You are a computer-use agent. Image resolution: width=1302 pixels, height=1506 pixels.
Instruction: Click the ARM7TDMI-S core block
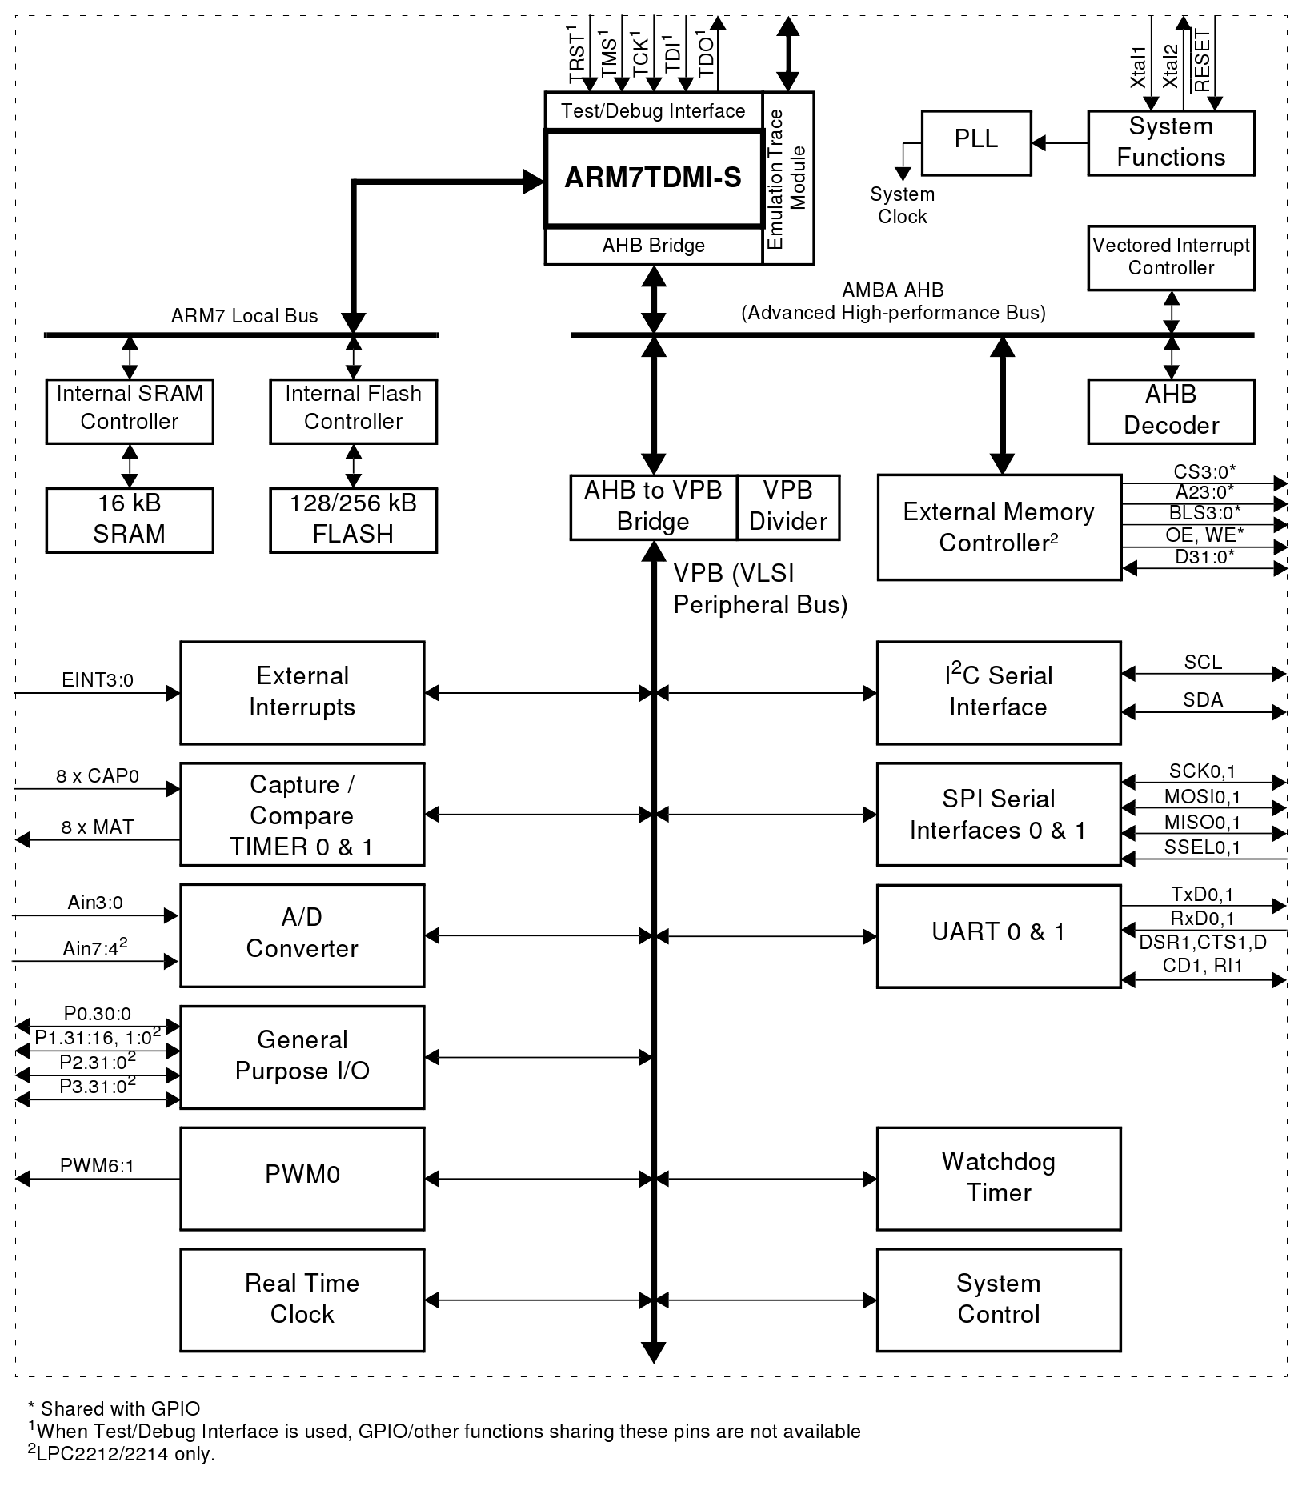click(653, 178)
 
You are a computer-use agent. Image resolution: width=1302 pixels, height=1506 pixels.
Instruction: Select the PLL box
click(975, 142)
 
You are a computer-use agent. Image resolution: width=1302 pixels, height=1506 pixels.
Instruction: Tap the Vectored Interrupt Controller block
click(1171, 258)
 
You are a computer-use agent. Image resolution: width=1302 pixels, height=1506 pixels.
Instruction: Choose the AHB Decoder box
click(1171, 411)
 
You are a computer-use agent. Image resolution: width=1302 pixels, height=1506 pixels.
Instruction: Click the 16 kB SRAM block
click(130, 519)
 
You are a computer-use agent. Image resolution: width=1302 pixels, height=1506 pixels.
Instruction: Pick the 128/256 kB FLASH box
click(353, 519)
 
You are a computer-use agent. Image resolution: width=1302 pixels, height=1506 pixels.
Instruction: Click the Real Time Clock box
click(302, 1300)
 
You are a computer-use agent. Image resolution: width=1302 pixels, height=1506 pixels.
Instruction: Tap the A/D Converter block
click(302, 935)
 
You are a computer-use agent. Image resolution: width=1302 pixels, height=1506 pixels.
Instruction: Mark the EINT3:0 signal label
click(98, 680)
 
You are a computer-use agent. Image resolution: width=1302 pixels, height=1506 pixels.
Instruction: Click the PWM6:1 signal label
click(98, 1166)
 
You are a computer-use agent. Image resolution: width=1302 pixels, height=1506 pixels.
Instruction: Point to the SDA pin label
click(1203, 700)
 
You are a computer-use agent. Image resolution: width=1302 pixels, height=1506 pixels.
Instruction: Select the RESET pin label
click(1202, 61)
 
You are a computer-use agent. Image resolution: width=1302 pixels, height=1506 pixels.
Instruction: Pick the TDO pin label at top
click(706, 54)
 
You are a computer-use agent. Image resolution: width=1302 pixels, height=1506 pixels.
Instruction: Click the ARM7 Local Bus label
click(244, 316)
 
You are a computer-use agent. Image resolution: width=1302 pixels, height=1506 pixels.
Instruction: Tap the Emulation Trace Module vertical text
click(787, 178)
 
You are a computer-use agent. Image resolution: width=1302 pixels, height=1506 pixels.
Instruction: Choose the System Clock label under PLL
click(902, 206)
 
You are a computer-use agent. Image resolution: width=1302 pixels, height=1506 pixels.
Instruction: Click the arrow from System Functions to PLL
click(1059, 143)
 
